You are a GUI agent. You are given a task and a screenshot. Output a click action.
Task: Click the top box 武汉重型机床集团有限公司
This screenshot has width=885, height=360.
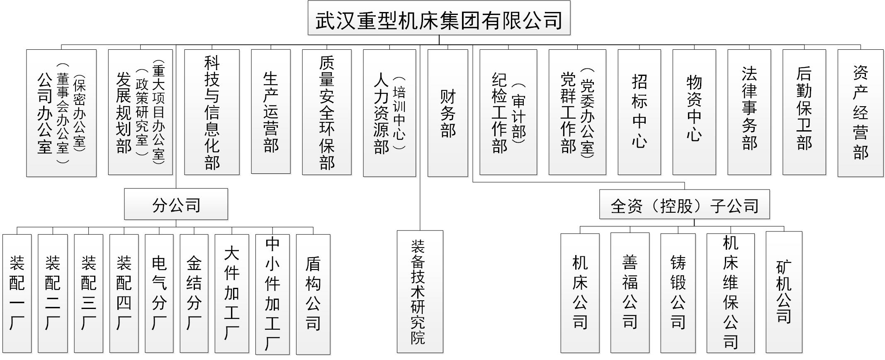click(x=439, y=19)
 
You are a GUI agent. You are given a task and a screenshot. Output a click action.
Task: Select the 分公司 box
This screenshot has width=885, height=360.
click(x=176, y=204)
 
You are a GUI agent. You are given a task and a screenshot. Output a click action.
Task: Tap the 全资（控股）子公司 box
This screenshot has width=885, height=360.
click(x=684, y=205)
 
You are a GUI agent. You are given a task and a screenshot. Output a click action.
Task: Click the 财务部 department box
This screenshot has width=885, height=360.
click(x=447, y=113)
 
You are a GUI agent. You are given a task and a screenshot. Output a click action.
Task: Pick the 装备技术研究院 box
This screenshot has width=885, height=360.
click(x=419, y=292)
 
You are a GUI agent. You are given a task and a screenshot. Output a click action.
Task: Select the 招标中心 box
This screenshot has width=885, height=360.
click(x=639, y=112)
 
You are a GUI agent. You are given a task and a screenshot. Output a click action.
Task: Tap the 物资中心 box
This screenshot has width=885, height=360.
click(x=694, y=112)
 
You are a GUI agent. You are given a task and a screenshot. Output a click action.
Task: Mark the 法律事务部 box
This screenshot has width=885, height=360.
click(x=749, y=112)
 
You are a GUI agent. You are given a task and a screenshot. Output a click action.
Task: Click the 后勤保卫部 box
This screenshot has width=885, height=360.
click(x=804, y=112)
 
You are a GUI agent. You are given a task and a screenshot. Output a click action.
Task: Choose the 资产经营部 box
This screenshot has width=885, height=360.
click(x=860, y=113)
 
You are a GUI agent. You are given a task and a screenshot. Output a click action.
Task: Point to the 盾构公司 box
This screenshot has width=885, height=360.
click(x=313, y=294)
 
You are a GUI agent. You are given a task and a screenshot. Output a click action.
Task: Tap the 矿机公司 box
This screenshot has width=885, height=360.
click(x=783, y=292)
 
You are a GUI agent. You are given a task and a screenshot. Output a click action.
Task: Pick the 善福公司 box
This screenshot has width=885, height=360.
click(x=630, y=292)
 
